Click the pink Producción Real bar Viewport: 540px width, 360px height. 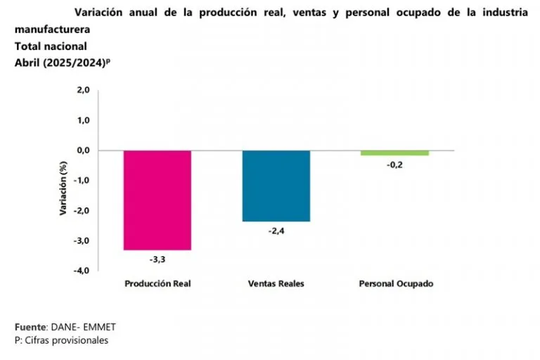click(x=157, y=200)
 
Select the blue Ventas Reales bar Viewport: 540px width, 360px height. click(x=276, y=186)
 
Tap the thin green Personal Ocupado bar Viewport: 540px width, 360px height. click(x=394, y=153)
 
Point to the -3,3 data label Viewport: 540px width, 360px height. click(x=157, y=259)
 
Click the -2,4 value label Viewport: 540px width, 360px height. click(x=276, y=231)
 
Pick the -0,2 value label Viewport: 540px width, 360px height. click(x=394, y=165)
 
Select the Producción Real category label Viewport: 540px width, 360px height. click(x=157, y=284)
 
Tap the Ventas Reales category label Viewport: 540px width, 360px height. click(x=276, y=284)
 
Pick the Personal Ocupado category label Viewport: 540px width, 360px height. click(x=395, y=284)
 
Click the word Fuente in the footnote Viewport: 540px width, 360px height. click(x=30, y=328)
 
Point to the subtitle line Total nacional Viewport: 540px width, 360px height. click(x=51, y=46)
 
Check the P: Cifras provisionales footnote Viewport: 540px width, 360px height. click(x=61, y=340)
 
